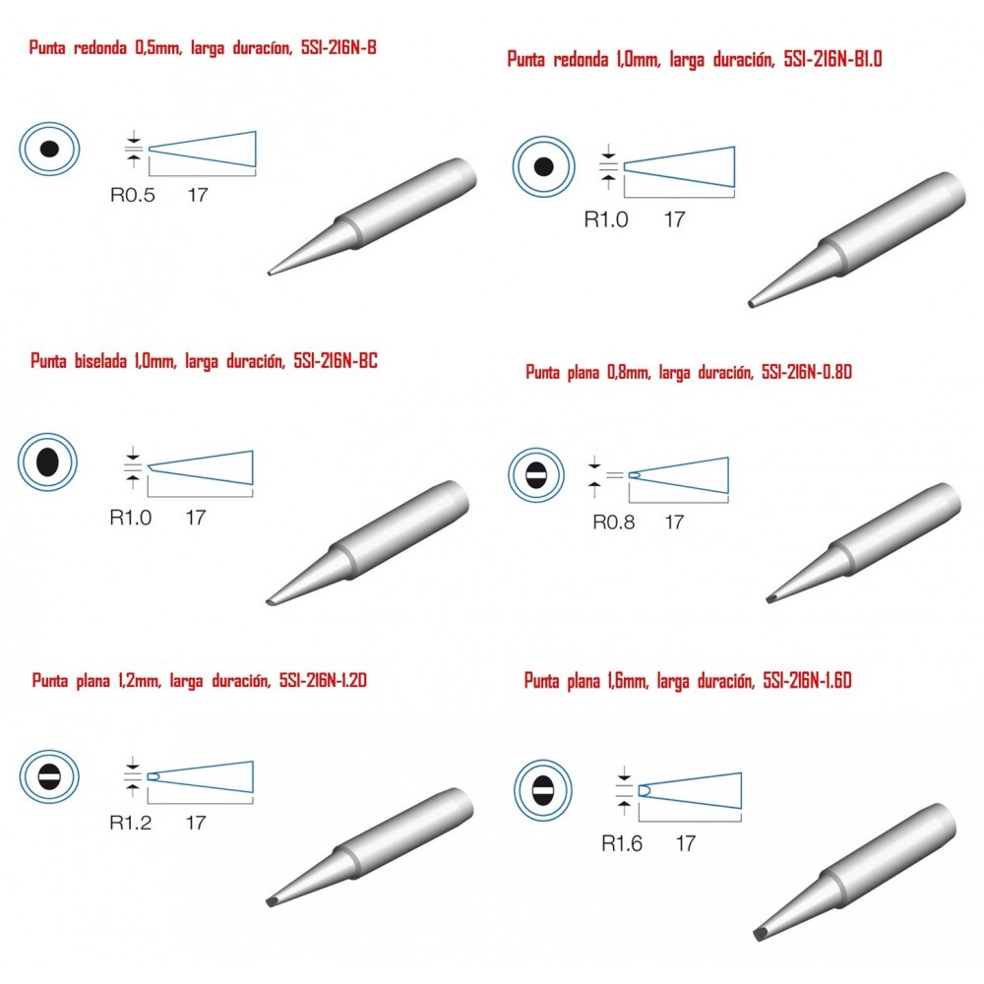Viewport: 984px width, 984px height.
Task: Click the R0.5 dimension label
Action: (x=133, y=195)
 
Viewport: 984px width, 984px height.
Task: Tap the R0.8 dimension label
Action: (x=614, y=523)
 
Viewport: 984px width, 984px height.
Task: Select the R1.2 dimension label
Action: (x=131, y=823)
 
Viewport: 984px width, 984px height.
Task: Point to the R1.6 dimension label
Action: (x=622, y=843)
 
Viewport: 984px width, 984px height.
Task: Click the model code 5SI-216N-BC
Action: (x=336, y=361)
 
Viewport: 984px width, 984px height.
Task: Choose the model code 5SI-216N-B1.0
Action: (x=832, y=59)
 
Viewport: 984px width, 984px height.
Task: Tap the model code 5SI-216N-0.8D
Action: (x=807, y=372)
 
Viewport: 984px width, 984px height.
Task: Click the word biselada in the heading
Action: (x=100, y=361)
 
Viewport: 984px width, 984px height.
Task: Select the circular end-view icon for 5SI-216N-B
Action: (x=49, y=150)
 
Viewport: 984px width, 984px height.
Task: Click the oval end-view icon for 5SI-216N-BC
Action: (x=47, y=461)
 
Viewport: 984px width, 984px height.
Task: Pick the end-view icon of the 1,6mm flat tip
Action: (x=543, y=790)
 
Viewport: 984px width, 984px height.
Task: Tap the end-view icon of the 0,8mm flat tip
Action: (x=536, y=475)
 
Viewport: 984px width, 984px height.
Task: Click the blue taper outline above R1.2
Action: (x=200, y=777)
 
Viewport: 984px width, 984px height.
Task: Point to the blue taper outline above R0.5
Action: (x=202, y=150)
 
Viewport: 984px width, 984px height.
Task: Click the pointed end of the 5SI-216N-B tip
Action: (x=270, y=273)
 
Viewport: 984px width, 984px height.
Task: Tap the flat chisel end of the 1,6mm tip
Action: (x=760, y=935)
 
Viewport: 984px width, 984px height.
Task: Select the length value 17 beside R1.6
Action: (x=685, y=843)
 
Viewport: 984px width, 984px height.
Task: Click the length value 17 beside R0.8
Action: (x=674, y=523)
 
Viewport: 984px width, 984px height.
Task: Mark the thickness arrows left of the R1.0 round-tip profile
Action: (x=608, y=166)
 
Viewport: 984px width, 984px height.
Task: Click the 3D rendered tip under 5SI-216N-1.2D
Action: (x=370, y=847)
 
